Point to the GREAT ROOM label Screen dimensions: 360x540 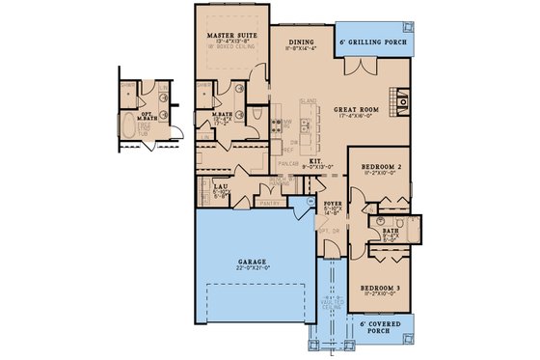click(x=361, y=109)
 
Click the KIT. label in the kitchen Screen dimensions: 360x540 click(x=314, y=162)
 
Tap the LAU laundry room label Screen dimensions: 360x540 click(x=220, y=185)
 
